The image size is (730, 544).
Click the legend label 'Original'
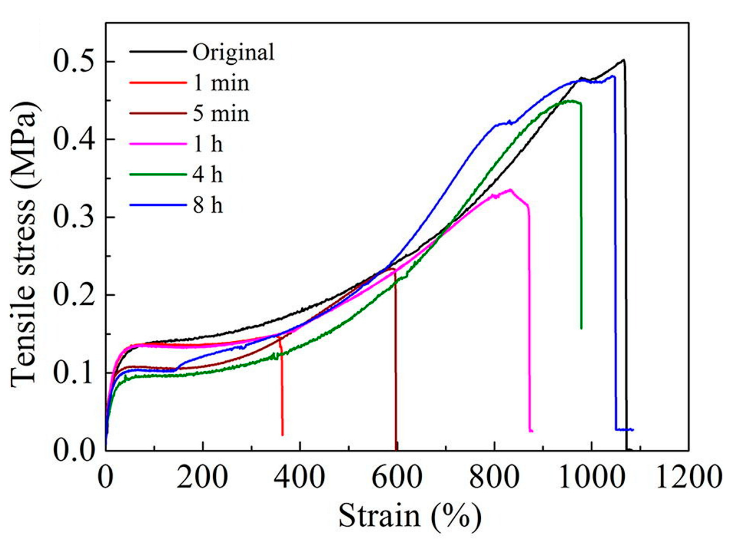point(233,52)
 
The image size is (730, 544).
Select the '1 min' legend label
point(221,83)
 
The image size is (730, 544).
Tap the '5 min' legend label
point(221,114)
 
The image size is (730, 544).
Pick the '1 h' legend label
point(208,144)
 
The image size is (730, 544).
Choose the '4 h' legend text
point(208,175)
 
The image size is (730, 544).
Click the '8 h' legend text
point(208,206)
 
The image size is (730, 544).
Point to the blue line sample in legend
point(158,205)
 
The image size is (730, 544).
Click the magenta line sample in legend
point(158,144)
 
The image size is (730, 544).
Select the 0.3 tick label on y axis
point(75,217)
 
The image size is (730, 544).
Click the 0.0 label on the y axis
point(75,450)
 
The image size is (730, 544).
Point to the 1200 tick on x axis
point(689,477)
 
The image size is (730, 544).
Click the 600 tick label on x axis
point(397,477)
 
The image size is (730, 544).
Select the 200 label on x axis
point(202,477)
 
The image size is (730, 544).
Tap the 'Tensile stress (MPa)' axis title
point(24,245)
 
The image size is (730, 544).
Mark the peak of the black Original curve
point(623,60)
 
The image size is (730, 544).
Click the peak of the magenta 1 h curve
point(510,190)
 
